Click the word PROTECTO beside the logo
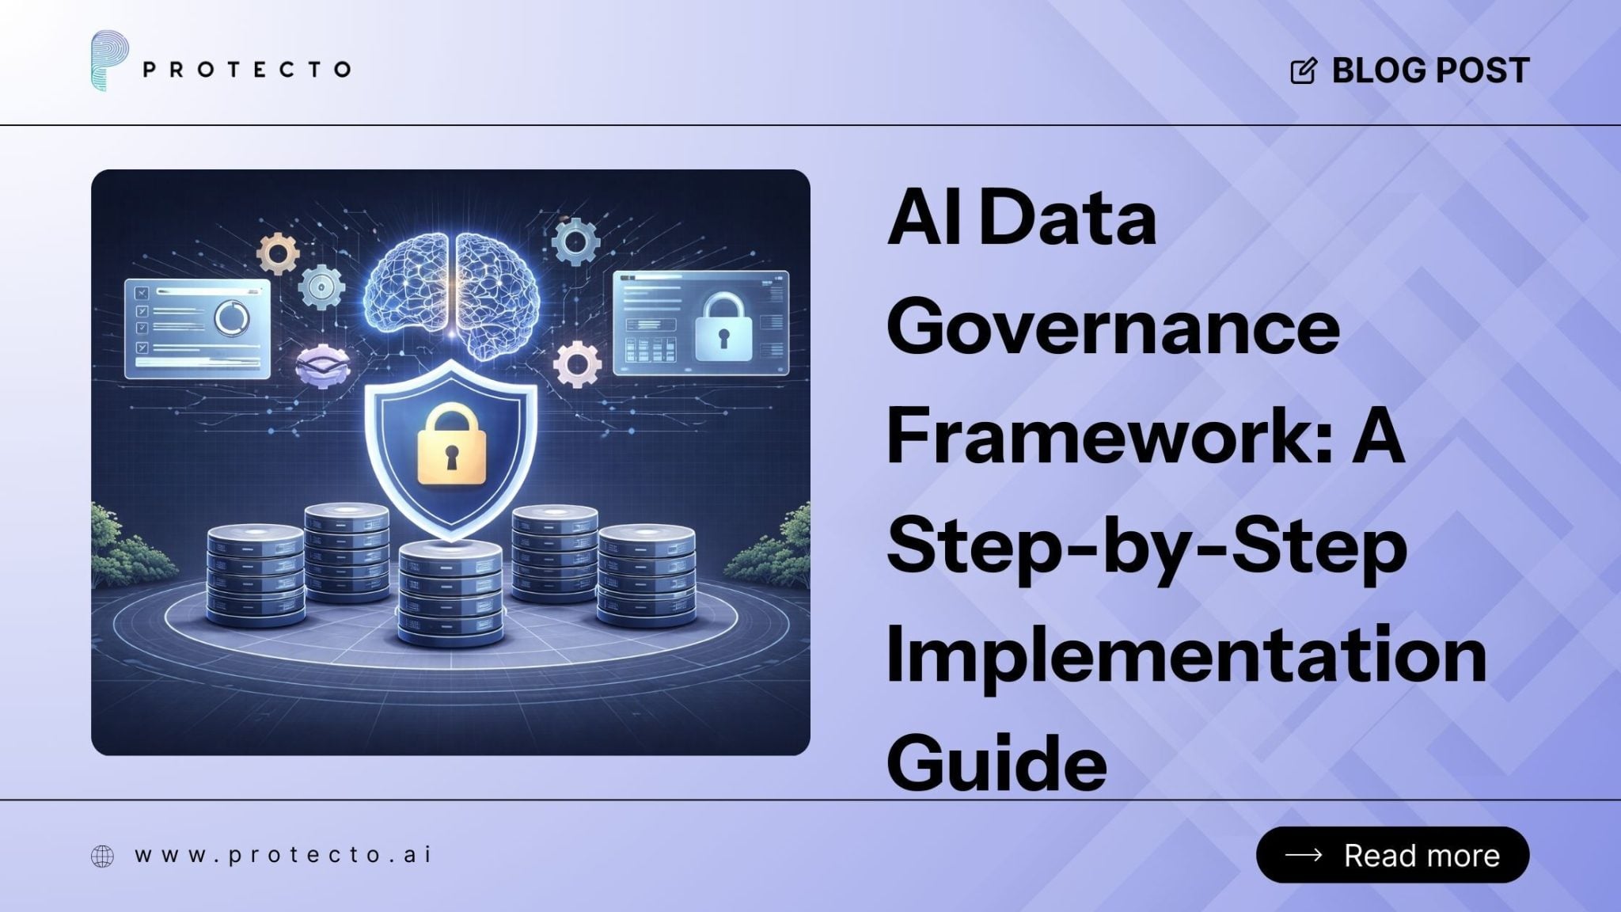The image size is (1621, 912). (246, 70)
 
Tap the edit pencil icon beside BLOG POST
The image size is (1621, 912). (1304, 70)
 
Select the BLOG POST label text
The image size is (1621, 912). (1430, 70)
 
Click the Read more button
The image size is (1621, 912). (1392, 855)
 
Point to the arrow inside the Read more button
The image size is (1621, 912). (1303, 855)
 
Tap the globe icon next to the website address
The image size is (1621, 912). (102, 856)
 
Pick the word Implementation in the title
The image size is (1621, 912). (1186, 655)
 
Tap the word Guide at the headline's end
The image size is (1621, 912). (997, 762)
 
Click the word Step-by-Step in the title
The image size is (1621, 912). (1147, 548)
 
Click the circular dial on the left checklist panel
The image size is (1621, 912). (231, 318)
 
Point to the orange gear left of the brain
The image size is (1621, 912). (279, 253)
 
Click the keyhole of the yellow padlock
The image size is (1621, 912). (450, 458)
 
